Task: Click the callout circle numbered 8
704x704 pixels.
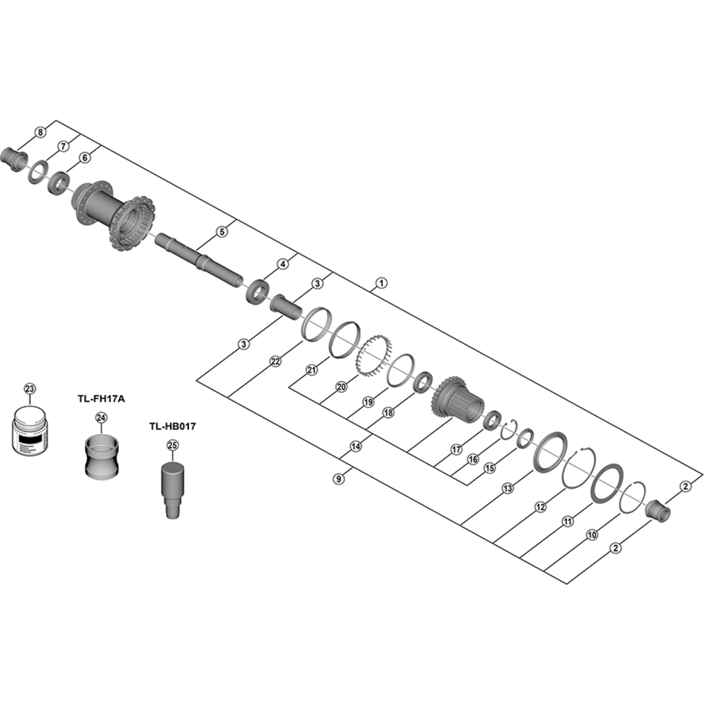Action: pyautogui.click(x=40, y=132)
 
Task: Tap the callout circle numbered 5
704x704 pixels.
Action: pyautogui.click(x=222, y=232)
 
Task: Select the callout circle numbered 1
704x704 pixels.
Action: pyautogui.click(x=381, y=283)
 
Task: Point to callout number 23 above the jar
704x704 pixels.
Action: pyautogui.click(x=30, y=389)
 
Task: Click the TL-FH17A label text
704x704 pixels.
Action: pyautogui.click(x=101, y=399)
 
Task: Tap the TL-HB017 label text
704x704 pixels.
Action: pyautogui.click(x=172, y=426)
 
